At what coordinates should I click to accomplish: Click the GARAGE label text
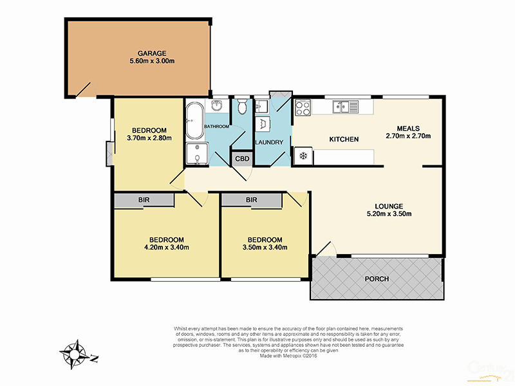152,53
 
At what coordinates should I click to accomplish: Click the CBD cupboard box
243,158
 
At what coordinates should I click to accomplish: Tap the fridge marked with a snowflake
303,156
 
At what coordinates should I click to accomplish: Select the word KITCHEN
344,140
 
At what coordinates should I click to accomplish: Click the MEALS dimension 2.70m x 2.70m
407,136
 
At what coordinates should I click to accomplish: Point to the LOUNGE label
389,205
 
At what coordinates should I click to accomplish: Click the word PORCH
377,279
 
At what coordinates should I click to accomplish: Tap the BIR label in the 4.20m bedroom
144,201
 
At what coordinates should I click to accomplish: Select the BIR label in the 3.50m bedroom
252,201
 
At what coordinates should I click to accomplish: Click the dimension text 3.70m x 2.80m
149,137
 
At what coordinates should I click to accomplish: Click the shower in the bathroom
194,154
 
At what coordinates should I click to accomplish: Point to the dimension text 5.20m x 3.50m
389,214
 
